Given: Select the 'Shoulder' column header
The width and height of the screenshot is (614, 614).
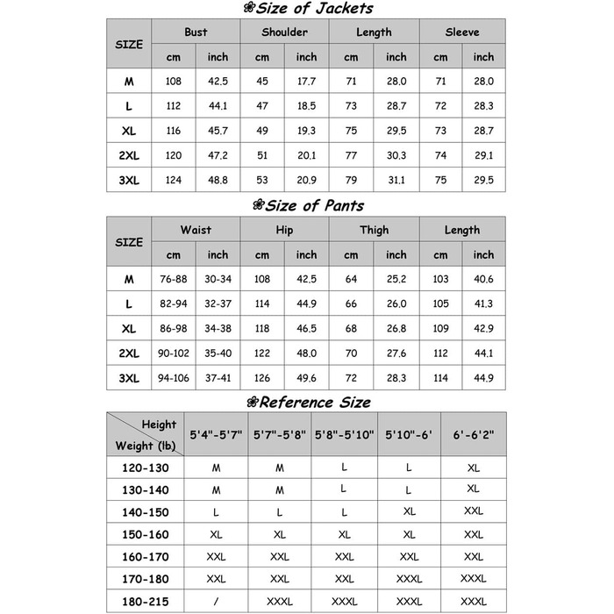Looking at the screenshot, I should [284, 32].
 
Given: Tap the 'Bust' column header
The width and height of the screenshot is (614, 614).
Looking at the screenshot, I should [196, 32].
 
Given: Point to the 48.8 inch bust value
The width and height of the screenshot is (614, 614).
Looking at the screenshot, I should [218, 180].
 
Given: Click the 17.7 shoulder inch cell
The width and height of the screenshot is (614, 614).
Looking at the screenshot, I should [306, 82].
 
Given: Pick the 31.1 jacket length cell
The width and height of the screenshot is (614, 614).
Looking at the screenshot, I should [396, 180].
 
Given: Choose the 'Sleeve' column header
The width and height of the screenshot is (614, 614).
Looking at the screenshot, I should [462, 32].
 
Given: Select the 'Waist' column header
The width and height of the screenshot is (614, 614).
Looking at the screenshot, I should [196, 230].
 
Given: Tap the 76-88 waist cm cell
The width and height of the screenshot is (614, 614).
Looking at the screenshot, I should [174, 279].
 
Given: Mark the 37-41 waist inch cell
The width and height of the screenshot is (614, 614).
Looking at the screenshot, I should [218, 378].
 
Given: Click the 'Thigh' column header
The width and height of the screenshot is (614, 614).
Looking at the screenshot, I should [374, 230].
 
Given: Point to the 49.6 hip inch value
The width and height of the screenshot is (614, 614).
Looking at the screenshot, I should [306, 378].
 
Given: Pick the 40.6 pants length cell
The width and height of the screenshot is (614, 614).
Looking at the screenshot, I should [483, 279].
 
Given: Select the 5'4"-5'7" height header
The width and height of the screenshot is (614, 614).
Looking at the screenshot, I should [216, 433].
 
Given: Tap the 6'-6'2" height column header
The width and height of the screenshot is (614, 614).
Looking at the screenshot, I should [473, 433].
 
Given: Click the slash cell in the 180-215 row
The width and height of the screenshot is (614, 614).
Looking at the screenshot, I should [216, 603].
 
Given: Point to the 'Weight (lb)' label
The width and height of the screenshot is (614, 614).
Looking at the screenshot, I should [146, 446].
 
